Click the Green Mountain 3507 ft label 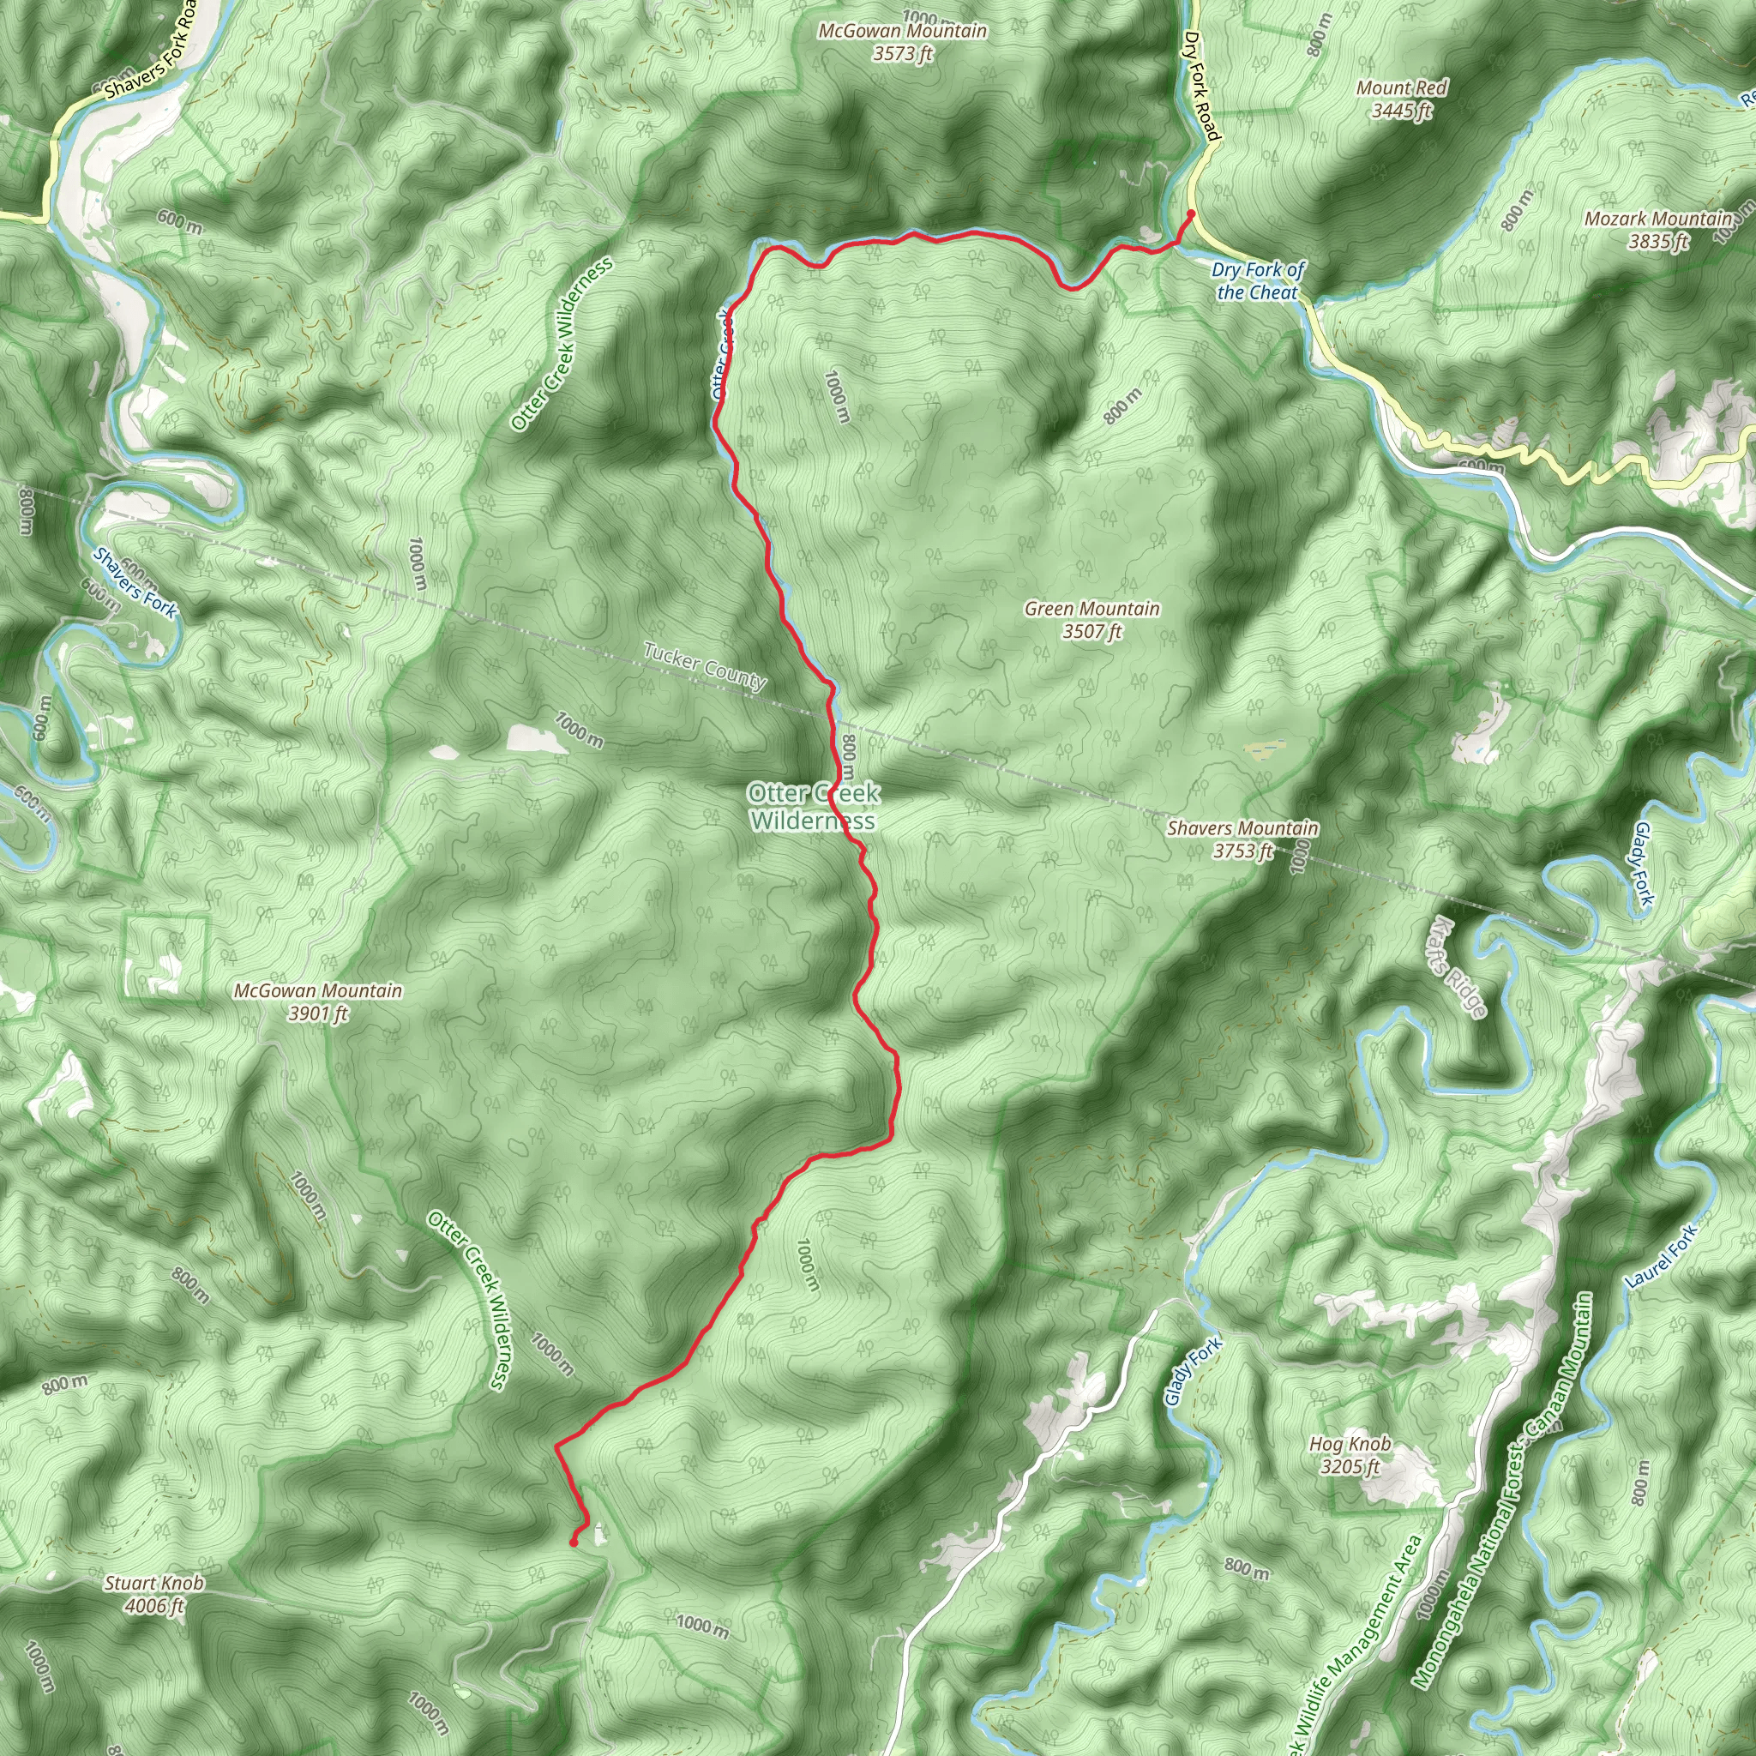tap(1091, 620)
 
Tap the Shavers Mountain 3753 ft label tap(1242, 839)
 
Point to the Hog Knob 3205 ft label tap(1350, 1454)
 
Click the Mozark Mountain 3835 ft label tap(1658, 230)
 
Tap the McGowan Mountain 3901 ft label tap(317, 1001)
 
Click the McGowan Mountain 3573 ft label tap(903, 42)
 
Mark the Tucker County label tap(705, 665)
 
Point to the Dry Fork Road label tap(1200, 87)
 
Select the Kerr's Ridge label tap(1456, 967)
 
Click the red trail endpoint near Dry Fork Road tap(1191, 214)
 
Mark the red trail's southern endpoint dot tap(574, 1543)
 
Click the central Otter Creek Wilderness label tap(814, 806)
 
